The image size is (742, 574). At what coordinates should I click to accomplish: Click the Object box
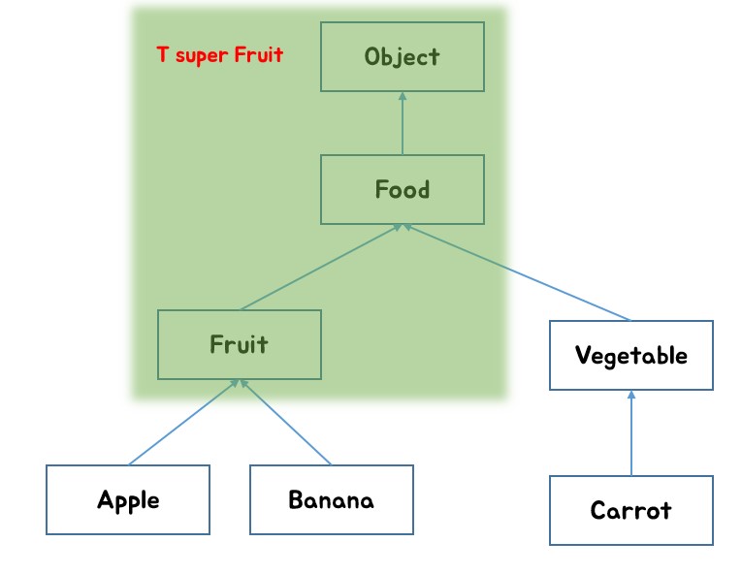[402, 57]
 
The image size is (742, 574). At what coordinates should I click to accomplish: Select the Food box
[402, 189]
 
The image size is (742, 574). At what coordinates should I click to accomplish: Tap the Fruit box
[239, 344]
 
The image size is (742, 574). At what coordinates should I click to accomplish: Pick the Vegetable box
[630, 355]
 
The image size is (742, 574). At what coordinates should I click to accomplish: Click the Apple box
[127, 499]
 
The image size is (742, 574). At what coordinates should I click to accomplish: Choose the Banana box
[331, 499]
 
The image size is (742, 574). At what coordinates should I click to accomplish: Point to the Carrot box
[630, 510]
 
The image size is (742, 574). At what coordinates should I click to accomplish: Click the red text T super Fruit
[220, 54]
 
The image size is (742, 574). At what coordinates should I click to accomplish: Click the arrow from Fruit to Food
[320, 267]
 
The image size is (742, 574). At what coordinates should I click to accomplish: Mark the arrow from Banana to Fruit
[285, 423]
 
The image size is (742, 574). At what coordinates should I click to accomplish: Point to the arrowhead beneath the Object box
[402, 96]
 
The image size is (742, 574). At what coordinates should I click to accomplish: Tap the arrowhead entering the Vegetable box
[630, 396]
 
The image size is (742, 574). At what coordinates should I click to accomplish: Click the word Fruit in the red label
[258, 54]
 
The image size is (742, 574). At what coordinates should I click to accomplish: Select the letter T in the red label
[162, 54]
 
